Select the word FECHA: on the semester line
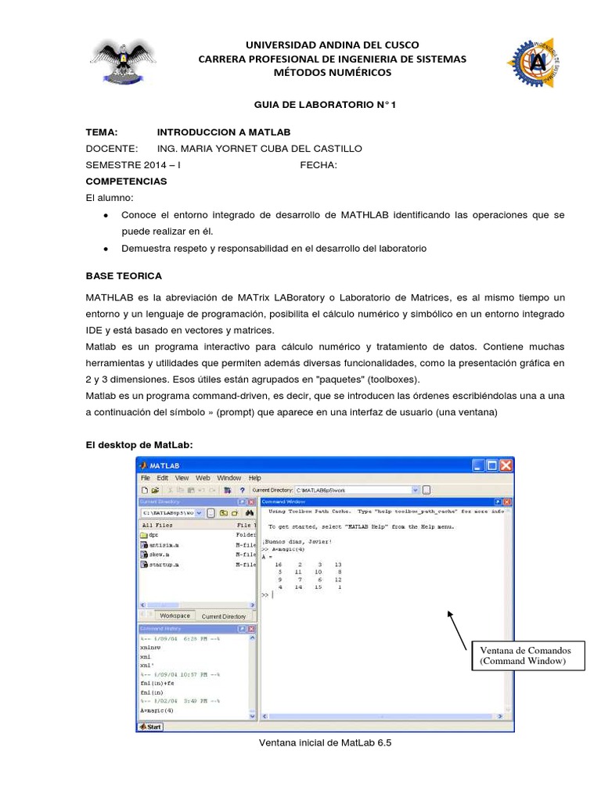[318, 164]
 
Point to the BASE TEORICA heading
[123, 276]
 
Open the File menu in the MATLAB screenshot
[145, 478]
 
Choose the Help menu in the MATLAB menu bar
[254, 478]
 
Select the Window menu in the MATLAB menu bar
[229, 478]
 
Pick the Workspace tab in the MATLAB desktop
[175, 616]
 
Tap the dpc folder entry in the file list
[153, 537]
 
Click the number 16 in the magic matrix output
[278, 563]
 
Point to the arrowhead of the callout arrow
[450, 613]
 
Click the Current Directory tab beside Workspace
[224, 616]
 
